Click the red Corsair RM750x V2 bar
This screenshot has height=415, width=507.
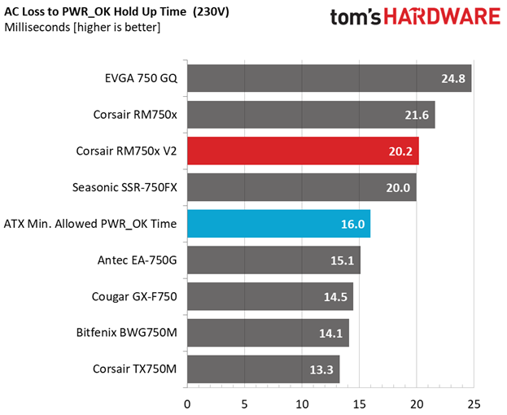303,151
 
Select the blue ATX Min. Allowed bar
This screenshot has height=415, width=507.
278,224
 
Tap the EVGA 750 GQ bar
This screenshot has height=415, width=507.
329,78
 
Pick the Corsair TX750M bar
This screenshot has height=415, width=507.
263,369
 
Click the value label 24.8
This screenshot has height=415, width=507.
453,79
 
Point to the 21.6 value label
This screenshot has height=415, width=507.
417,115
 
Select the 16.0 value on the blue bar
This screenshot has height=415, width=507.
352,224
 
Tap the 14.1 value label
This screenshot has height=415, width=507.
330,334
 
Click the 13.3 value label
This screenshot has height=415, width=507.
321,369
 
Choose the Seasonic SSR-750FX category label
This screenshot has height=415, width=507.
125,187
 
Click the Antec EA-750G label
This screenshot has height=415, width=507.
138,260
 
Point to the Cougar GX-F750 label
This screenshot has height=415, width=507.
134,296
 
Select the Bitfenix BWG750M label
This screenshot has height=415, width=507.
127,333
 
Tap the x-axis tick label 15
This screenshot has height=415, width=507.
359,404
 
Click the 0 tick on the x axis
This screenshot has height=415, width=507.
187,404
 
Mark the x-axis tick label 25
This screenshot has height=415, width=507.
474,404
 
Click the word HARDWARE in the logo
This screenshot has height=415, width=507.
442,16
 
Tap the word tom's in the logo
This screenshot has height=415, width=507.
356,17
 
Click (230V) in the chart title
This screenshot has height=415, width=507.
211,12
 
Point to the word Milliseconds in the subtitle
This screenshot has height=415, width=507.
37,27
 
